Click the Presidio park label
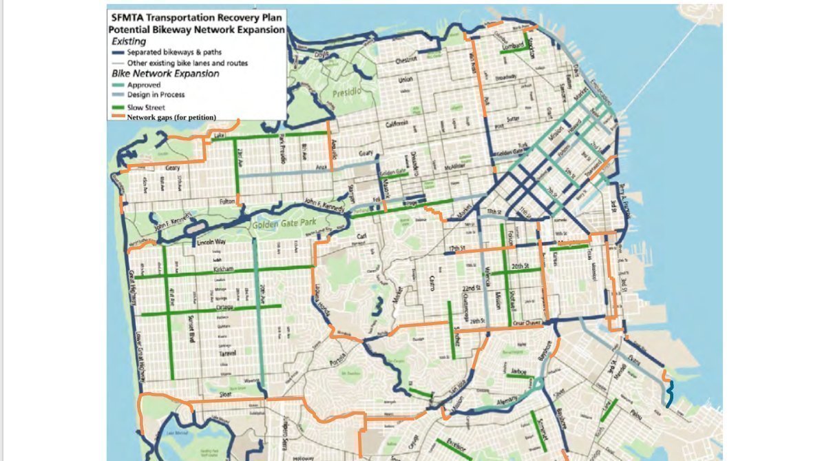[x=346, y=93]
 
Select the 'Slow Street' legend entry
[x=145, y=107]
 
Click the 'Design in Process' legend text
[x=156, y=94]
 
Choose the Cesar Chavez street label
[x=527, y=322]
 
